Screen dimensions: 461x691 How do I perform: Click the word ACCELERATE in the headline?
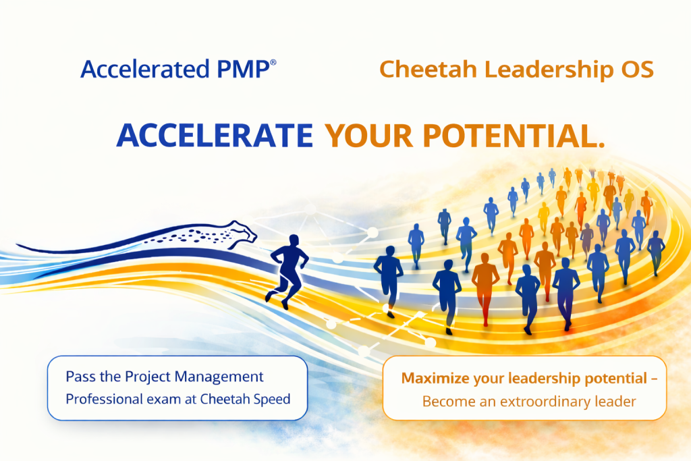tap(215, 136)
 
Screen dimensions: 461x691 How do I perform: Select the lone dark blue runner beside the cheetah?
tap(287, 270)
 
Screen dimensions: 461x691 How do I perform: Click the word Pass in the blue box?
tap(79, 377)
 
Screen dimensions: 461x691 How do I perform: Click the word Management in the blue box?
tap(223, 377)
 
